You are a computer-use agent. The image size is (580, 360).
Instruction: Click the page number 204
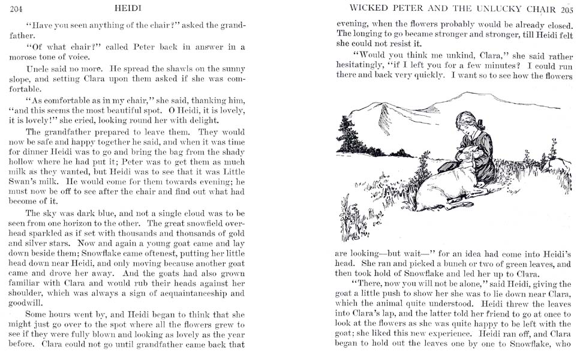pos(17,8)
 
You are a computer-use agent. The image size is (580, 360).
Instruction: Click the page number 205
pos(567,9)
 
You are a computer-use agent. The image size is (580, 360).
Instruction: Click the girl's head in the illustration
pos(467,124)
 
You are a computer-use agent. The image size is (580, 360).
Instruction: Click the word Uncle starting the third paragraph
pos(38,69)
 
